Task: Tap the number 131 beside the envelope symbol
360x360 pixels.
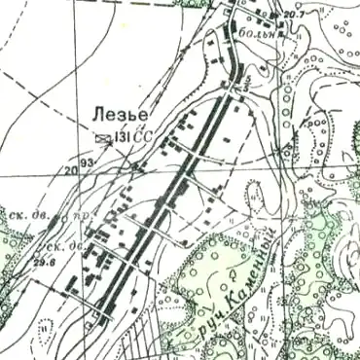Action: tap(124, 136)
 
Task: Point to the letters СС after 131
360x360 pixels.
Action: tap(143, 136)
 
